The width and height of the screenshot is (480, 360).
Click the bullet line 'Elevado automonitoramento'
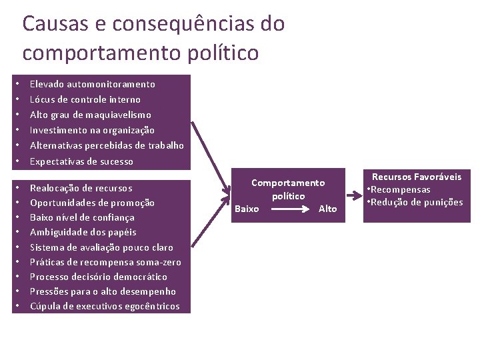(x=93, y=84)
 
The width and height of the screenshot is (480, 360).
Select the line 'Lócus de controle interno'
(x=85, y=99)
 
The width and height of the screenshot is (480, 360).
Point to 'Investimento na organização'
(x=92, y=130)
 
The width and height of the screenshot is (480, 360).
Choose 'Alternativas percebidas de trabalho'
(x=107, y=145)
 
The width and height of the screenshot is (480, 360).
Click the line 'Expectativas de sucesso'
(x=81, y=161)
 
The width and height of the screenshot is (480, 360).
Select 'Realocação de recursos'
(x=81, y=188)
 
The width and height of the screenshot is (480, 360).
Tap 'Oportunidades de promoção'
(x=92, y=203)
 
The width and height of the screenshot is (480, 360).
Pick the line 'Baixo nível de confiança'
(x=83, y=217)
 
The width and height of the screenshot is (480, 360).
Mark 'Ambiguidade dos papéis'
(x=83, y=232)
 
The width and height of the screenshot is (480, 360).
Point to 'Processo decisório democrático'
(x=99, y=277)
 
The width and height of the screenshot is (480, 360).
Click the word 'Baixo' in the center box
(x=247, y=209)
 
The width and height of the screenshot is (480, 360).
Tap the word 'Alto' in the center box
(x=328, y=209)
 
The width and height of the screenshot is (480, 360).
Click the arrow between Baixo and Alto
(x=288, y=209)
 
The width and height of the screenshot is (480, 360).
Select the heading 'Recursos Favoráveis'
(x=416, y=177)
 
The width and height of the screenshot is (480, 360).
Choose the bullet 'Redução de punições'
(x=417, y=202)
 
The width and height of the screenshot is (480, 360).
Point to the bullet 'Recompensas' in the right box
(x=401, y=189)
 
